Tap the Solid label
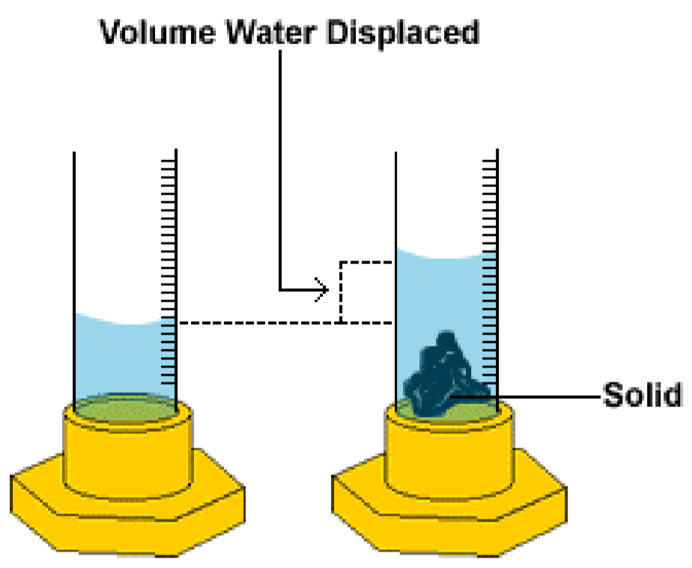[x=642, y=394]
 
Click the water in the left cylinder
[x=124, y=359]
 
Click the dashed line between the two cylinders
[x=255, y=323]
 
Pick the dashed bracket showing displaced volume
[x=342, y=292]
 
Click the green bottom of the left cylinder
[x=124, y=408]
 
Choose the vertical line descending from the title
[x=280, y=165]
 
